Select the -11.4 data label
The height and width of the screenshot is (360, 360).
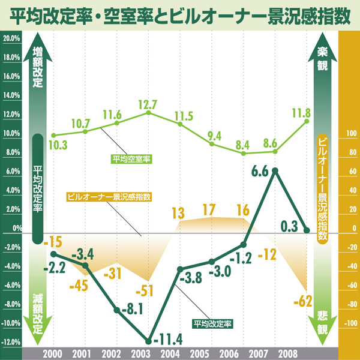[168, 342]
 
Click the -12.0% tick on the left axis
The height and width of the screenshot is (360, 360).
[12, 343]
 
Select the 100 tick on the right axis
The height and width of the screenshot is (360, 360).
[349, 134]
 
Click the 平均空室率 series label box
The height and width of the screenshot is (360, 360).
[131, 159]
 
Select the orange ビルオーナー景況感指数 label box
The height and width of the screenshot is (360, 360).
[109, 196]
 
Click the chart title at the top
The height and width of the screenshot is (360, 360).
[180, 14]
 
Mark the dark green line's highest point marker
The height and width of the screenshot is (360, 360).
[275, 171]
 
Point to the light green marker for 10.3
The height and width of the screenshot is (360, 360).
[53, 136]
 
